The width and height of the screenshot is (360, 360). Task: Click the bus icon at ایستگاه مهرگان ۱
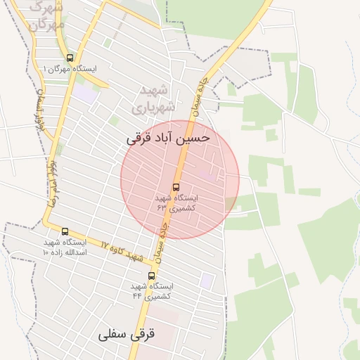pos(69,58)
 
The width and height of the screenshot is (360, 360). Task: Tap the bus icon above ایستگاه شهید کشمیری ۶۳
pos(175,188)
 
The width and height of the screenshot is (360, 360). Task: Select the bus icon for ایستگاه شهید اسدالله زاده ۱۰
pos(65,231)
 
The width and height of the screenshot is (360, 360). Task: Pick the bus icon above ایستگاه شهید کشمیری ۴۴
pos(151,276)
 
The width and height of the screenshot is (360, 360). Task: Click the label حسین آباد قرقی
pos(168,139)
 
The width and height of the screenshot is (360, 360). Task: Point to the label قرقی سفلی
pos(127,334)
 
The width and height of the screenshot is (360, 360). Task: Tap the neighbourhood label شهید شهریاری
pos(150,99)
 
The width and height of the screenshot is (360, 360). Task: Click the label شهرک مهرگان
pos(47,15)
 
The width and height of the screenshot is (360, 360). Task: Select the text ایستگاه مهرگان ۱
pos(70,69)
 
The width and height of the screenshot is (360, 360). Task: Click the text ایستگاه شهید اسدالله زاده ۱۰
pos(65,247)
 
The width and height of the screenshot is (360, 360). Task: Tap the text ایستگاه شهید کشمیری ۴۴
pos(152,291)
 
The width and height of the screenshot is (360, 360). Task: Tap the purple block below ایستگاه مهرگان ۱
pos(84,92)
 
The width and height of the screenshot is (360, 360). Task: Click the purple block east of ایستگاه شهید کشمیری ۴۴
pos(207,280)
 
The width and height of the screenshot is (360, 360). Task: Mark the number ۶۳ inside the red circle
pos(162,208)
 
